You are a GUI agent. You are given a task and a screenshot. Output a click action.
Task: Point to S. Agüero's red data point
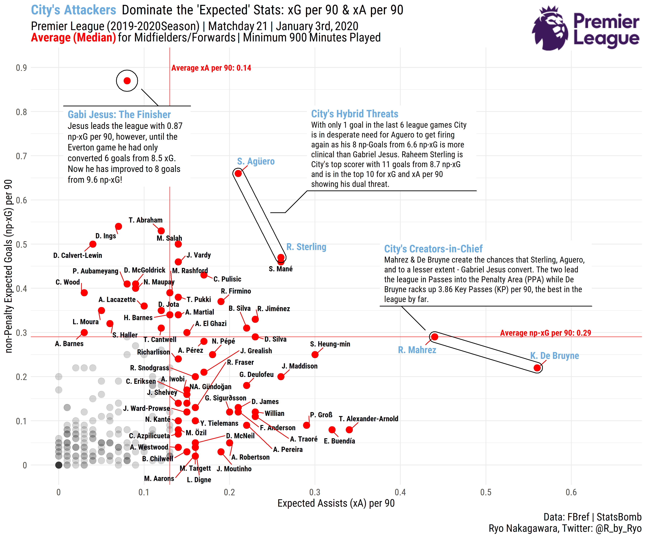tap(238, 173)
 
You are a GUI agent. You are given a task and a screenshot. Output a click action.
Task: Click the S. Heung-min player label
tap(330, 344)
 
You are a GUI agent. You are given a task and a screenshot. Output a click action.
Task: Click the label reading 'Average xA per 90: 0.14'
tap(211, 68)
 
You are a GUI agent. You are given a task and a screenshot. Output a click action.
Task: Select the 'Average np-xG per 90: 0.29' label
tap(545, 333)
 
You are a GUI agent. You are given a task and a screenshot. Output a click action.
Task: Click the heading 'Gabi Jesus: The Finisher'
tap(119, 115)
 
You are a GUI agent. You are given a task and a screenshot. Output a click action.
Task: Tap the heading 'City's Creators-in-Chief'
tap(433, 249)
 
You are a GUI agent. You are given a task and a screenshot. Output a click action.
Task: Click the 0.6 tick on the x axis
tap(571, 492)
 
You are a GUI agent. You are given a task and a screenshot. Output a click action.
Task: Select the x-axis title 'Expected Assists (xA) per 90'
tap(336, 503)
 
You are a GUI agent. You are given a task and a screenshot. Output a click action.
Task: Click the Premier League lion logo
tap(550, 28)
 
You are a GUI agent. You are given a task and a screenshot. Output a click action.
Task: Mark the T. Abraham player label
tap(146, 220)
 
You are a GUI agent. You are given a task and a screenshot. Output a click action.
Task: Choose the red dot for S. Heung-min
tap(315, 355)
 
